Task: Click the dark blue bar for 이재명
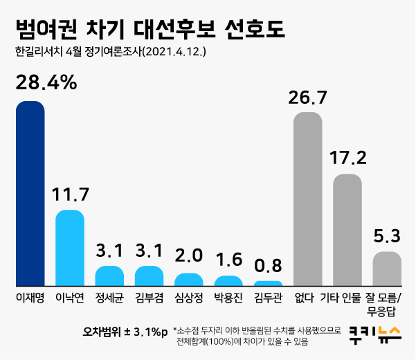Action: [30, 194]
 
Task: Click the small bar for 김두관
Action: [268, 284]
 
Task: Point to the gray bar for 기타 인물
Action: [347, 231]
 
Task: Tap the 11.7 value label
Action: [70, 195]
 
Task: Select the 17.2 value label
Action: [347, 158]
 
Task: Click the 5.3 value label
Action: [387, 236]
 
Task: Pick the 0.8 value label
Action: [268, 266]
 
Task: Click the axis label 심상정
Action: [189, 298]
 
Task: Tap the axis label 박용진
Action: [228, 298]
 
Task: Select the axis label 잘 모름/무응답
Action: [387, 305]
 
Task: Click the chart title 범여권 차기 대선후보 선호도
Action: [150, 29]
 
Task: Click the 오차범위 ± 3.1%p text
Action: [125, 332]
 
